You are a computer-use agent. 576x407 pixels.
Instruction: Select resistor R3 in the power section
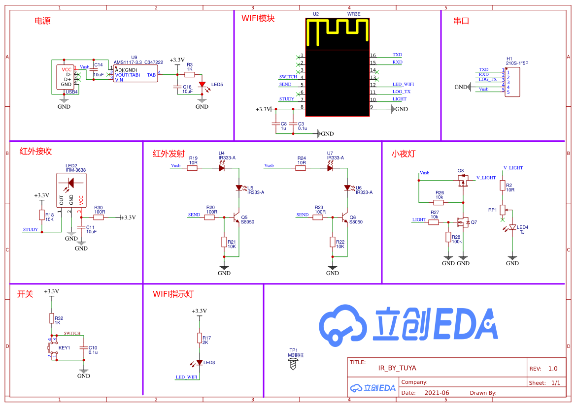point(189,74)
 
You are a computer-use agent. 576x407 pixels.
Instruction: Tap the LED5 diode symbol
point(202,85)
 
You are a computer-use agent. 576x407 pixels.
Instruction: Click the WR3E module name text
point(354,14)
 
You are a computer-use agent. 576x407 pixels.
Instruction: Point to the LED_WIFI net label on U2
point(403,85)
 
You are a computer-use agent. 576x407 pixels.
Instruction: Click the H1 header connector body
point(512,82)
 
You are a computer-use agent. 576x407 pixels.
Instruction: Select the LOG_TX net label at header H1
point(488,79)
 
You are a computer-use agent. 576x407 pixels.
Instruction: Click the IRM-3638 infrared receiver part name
point(75,170)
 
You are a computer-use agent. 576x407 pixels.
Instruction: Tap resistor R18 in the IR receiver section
point(42,215)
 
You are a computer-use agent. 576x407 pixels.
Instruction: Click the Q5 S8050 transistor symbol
point(236,217)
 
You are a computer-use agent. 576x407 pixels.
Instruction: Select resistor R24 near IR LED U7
point(301,168)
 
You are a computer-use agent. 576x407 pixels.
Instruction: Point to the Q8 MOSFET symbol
point(462,182)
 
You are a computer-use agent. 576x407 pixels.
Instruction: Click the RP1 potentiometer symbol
point(503,210)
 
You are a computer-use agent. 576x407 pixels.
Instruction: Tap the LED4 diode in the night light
point(512,227)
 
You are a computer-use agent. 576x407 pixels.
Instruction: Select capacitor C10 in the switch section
point(84,347)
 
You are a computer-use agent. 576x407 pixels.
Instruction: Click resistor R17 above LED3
point(199,338)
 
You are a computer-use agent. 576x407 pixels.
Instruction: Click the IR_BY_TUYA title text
point(397,368)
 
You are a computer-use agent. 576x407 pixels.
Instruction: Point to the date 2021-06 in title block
point(437,393)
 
